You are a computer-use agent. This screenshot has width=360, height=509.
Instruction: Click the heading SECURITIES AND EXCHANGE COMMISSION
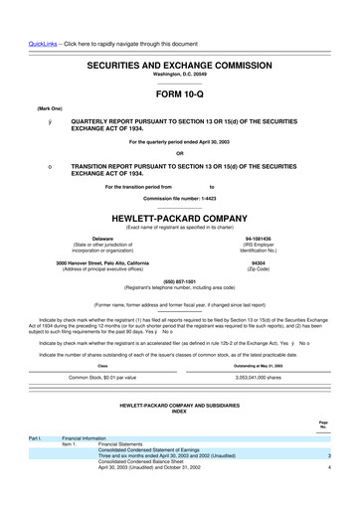(179, 62)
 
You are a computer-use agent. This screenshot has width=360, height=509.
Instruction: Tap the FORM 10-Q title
(179, 97)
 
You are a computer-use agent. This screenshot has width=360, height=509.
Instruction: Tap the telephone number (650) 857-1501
(179, 280)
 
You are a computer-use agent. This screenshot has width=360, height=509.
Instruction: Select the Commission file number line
(179, 197)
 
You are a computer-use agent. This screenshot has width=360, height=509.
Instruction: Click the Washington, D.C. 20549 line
(179, 74)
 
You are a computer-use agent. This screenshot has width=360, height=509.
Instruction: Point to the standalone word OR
(179, 153)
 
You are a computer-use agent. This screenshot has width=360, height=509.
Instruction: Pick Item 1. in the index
(73, 471)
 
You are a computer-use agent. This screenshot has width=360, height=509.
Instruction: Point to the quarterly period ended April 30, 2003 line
(179, 143)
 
